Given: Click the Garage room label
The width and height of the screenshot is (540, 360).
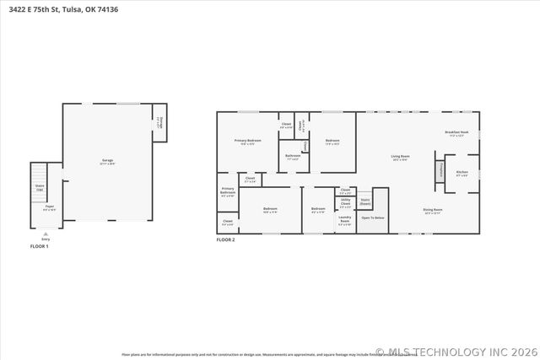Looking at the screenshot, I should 108,160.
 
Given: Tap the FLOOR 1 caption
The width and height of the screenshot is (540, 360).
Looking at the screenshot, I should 40,246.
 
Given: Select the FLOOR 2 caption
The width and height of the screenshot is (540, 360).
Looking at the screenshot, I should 225,240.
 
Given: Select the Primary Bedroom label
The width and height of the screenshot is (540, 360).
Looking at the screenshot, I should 247,142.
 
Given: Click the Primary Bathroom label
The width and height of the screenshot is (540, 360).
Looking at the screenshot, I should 228,192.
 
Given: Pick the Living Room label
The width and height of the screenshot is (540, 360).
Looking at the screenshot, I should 400,157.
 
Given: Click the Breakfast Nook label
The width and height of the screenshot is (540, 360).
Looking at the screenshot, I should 456,133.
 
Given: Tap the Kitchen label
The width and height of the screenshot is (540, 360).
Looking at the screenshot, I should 462,174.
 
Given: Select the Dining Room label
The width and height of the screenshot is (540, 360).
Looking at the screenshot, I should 433,211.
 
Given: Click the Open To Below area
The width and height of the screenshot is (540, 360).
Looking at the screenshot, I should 373,218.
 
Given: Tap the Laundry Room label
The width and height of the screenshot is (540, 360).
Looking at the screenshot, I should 344,223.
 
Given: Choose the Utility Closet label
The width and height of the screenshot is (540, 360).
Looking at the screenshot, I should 345,203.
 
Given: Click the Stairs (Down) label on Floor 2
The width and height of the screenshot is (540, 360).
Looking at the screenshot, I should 365,203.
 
